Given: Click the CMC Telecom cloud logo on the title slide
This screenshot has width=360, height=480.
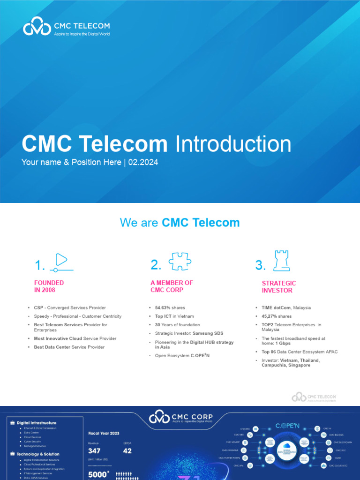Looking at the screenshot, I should point(37,26).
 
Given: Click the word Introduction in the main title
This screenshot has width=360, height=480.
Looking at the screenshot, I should point(233,144).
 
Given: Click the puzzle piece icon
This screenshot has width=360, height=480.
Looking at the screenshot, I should point(180,262).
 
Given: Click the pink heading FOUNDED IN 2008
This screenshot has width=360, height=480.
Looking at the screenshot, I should point(49,286).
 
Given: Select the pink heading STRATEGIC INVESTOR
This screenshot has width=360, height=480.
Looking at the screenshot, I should point(279,287).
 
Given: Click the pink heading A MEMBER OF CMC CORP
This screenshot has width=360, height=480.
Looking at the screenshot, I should point(172,286).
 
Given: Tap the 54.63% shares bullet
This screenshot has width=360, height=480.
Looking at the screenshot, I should point(170,308).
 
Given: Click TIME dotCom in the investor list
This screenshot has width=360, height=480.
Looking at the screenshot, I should point(277,308).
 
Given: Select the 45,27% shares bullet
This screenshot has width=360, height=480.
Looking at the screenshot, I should point(276,316).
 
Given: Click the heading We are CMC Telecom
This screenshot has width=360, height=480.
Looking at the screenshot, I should point(180,223).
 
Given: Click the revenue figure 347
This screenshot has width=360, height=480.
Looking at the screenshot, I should point(94,451).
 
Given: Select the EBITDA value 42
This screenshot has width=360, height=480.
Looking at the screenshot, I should point(127,451).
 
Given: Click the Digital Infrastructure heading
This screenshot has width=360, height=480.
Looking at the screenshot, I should point(37,423).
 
